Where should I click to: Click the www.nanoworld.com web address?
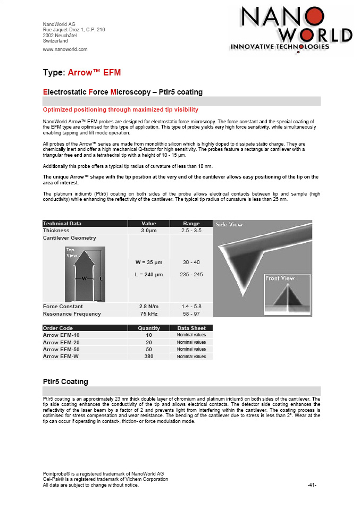pos(65,49)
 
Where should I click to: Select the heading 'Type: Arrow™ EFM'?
pos(82,72)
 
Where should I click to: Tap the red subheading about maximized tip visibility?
pos(121,109)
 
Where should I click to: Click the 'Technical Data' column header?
pos(62,224)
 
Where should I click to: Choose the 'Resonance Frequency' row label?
pos(72,314)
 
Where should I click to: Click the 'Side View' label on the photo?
pos(229,225)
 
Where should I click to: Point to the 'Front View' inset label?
pos(280,278)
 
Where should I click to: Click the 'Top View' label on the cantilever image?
pos(72,252)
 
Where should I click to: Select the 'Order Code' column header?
pos(58,328)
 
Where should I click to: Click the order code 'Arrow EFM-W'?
pos(61,357)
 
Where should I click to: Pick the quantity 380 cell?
pos(149,357)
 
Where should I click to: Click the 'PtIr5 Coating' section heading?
pos(65,381)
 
